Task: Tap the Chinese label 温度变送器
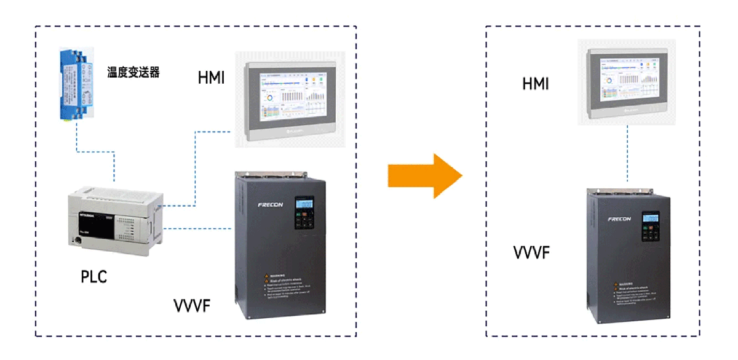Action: click(x=133, y=73)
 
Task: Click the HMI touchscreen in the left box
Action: click(x=290, y=98)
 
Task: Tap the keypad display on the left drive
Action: click(x=304, y=204)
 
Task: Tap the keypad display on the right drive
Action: click(x=651, y=219)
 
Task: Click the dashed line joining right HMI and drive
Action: click(x=627, y=154)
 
